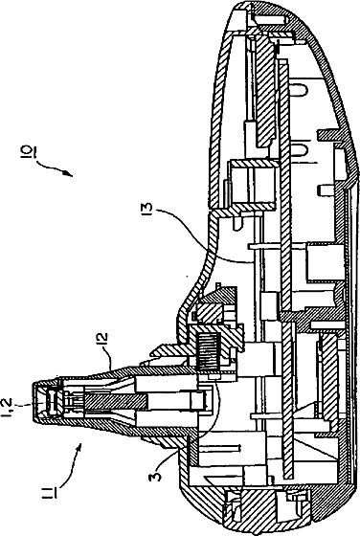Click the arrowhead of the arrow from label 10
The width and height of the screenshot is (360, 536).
[68, 173]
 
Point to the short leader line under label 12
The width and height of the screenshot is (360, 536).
[112, 358]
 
